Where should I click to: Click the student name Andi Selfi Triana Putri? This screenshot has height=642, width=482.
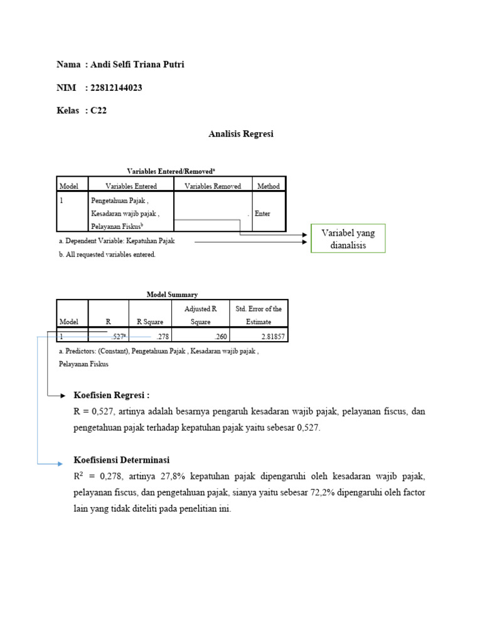coord(138,65)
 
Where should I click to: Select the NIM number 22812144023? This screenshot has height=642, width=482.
coord(117,88)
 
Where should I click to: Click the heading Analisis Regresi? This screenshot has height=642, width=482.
coord(240,134)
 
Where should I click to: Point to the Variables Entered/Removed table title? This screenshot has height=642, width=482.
coord(171,171)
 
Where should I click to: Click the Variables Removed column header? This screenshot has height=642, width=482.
coord(213,186)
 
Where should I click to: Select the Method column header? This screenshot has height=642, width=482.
coord(268,186)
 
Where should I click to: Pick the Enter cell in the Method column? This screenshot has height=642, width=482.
coord(262,213)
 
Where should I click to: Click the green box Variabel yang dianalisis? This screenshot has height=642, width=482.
coord(348,239)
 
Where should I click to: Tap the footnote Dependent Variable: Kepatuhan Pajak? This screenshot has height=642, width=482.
coord(117,241)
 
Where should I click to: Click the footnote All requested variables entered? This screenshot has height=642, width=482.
coord(107,255)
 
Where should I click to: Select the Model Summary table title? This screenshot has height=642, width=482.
coord(172,294)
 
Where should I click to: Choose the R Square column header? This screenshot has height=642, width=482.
coord(149,322)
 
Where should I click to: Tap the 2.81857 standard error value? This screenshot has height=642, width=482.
coord(272,337)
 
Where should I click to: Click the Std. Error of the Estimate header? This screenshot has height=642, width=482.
coord(258,315)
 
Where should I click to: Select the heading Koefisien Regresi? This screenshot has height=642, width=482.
coord(112,396)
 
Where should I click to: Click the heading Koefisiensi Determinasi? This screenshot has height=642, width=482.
coord(122,460)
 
